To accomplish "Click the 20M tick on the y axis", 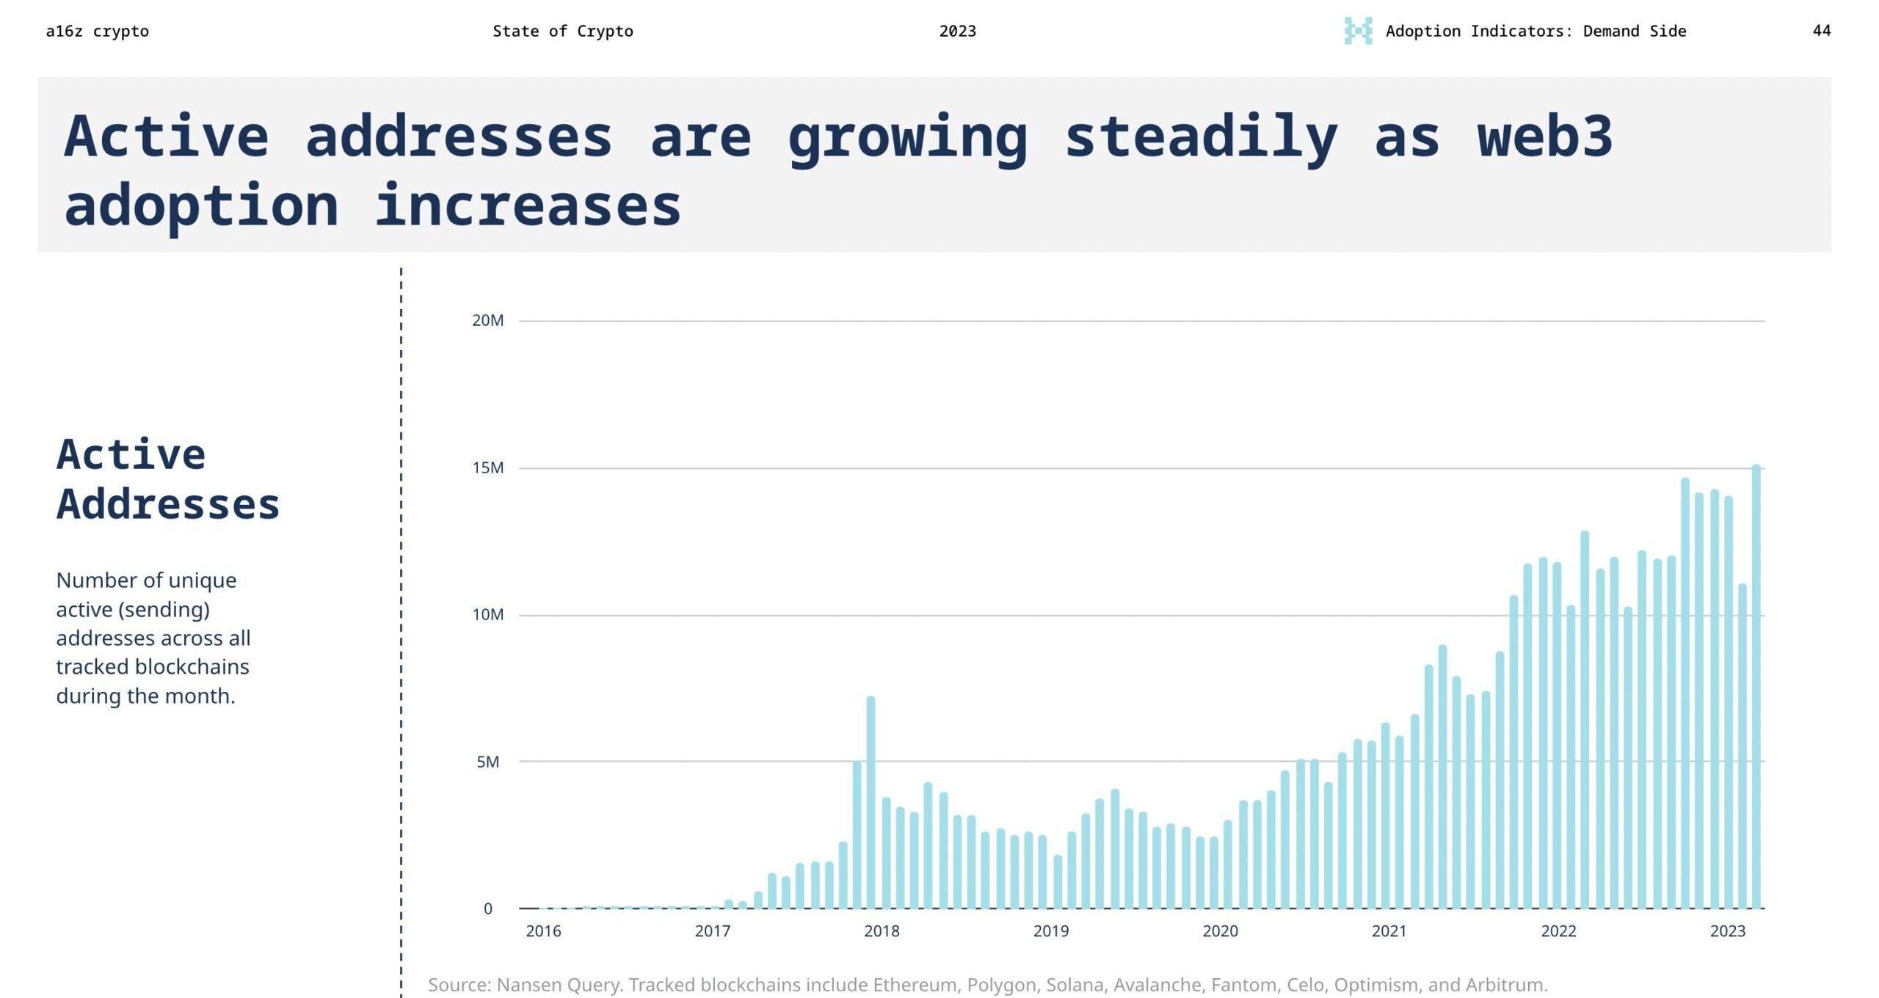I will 487,321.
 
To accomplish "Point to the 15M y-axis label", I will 487,468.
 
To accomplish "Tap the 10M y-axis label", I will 487,615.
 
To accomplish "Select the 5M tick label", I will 487,762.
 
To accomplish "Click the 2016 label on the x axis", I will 543,931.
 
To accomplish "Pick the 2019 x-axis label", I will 1051,931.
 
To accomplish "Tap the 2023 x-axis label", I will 1728,931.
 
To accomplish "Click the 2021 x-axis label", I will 1389,931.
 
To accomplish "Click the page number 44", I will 1822,31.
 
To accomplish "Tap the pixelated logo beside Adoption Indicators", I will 1358,31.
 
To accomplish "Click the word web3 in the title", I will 1544,136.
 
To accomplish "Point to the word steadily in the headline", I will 1201,138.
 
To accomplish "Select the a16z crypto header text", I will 97,32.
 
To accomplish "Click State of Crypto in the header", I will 562,32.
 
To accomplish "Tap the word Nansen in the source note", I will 526,985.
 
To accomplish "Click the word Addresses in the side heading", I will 168,505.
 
